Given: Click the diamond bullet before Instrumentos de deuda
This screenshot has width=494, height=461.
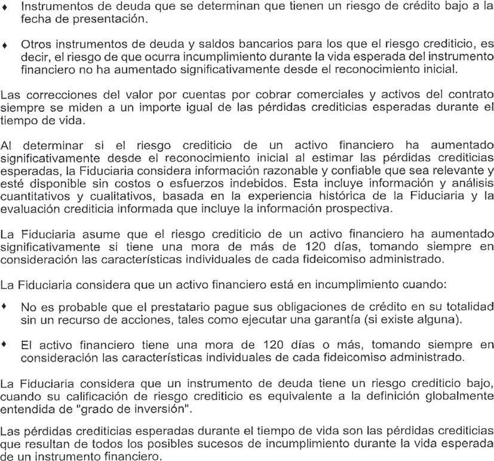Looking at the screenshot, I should click(5, 9).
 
